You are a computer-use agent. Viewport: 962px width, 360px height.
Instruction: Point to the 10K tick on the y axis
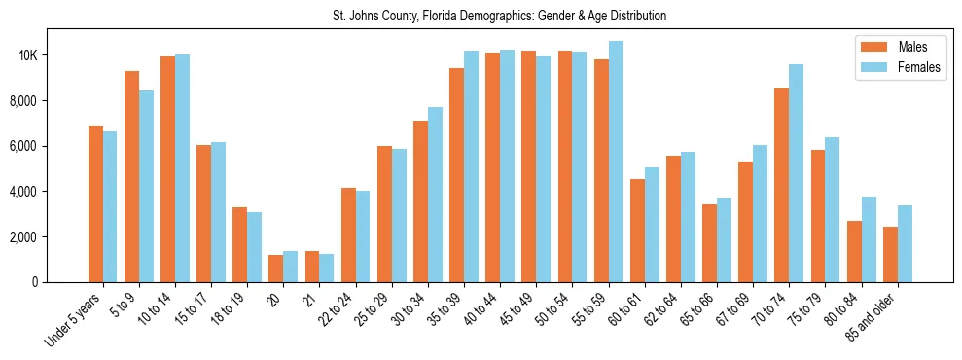[x=27, y=55]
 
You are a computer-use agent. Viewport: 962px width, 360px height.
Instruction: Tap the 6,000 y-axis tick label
[x=23, y=146]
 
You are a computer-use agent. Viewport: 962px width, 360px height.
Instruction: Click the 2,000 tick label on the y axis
[x=23, y=236]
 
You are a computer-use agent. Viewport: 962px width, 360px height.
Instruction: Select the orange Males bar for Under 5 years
[x=95, y=203]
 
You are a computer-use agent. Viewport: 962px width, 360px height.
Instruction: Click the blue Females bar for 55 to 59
[x=616, y=162]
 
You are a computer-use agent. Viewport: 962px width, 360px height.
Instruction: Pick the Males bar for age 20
[x=276, y=269]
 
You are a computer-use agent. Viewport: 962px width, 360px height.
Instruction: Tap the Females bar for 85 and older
[x=905, y=243]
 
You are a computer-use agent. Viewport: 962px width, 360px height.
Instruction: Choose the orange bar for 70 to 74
[x=781, y=185]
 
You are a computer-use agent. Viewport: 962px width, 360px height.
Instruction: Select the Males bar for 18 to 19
[x=239, y=244]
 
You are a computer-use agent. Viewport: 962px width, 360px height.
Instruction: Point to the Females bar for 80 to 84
[x=869, y=239]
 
